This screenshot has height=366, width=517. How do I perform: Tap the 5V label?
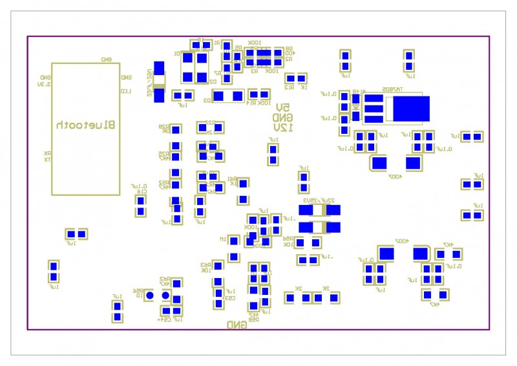point(282,107)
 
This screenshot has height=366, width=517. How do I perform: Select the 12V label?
point(282,127)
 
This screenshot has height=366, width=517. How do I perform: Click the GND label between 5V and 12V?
point(282,117)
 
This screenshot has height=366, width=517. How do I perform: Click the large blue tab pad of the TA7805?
point(411,109)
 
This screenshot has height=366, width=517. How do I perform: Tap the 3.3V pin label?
point(44,84)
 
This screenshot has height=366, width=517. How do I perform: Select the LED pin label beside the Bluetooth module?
point(125,91)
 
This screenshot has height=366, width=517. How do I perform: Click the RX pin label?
point(48,153)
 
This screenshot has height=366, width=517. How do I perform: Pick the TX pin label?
point(48,159)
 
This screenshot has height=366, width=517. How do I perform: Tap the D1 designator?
point(176,54)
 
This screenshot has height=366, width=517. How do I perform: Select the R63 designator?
point(206,264)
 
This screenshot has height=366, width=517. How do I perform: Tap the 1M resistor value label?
point(223,239)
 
